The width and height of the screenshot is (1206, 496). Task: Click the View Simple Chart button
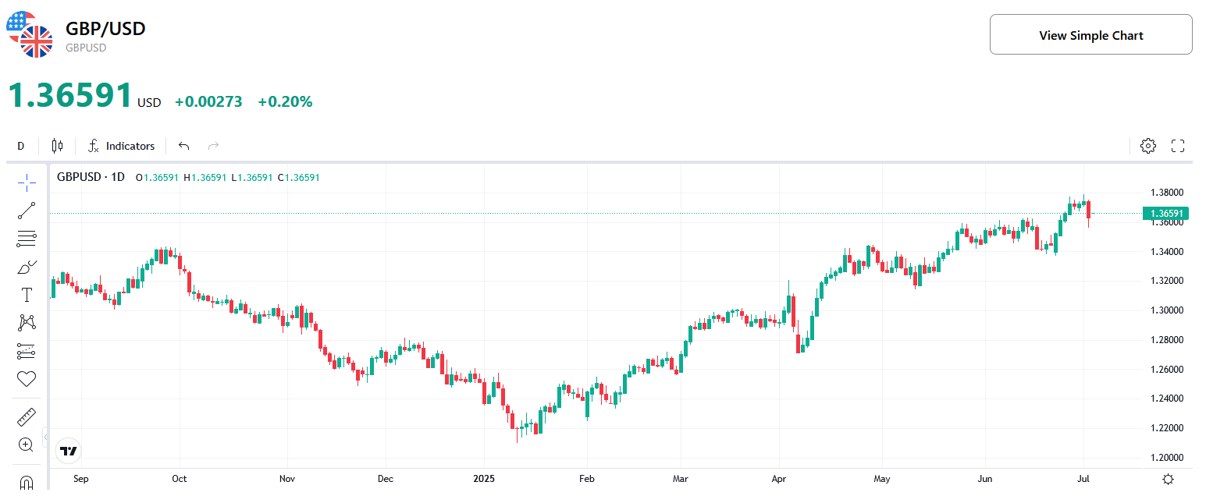pos(1090,35)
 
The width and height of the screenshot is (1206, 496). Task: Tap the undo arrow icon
pos(184,146)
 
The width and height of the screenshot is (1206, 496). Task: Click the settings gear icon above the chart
pos(1147,146)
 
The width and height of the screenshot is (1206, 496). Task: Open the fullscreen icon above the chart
pos(1178,146)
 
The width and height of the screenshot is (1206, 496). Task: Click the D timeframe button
pos(21,146)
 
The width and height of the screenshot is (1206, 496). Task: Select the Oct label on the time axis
pos(180,479)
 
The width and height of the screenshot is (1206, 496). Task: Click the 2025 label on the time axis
pos(485,479)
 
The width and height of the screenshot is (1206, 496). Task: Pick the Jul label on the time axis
pos(1083,479)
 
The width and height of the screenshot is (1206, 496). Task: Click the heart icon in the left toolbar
pos(27,379)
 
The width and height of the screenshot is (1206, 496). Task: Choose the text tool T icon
pos(27,295)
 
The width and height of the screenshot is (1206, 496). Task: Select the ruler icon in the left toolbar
pos(27,417)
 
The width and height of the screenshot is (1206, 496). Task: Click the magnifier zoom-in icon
pos(26,445)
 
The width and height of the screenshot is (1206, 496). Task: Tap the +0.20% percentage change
pos(285,101)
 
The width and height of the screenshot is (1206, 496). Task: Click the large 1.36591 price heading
pos(70,96)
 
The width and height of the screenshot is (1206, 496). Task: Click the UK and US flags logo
pos(29,34)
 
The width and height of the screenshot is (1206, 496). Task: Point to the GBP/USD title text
pos(105,29)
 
